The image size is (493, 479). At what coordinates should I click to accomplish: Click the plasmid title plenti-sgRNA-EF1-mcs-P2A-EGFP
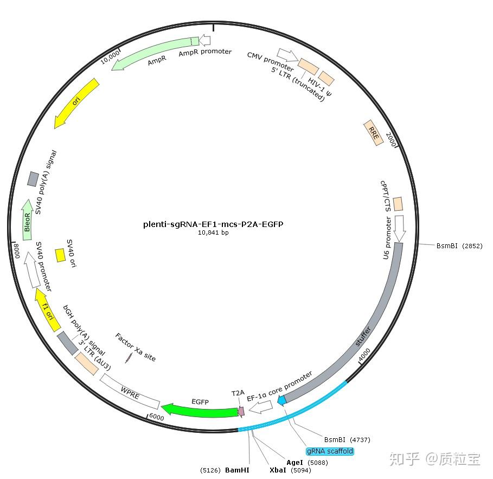[x=213, y=224]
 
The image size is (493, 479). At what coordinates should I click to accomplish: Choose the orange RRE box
[x=373, y=132]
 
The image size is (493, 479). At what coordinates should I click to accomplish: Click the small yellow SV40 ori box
[x=61, y=255]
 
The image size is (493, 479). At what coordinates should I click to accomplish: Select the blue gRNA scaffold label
[x=330, y=451]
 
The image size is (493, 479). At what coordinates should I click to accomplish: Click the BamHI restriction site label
[x=237, y=470]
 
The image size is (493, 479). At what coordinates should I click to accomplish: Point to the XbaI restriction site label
[x=279, y=470]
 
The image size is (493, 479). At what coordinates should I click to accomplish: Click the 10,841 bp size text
[x=213, y=232]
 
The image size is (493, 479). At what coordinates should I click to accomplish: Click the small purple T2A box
[x=241, y=411]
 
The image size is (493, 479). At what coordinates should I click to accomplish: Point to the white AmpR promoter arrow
[x=204, y=40]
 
